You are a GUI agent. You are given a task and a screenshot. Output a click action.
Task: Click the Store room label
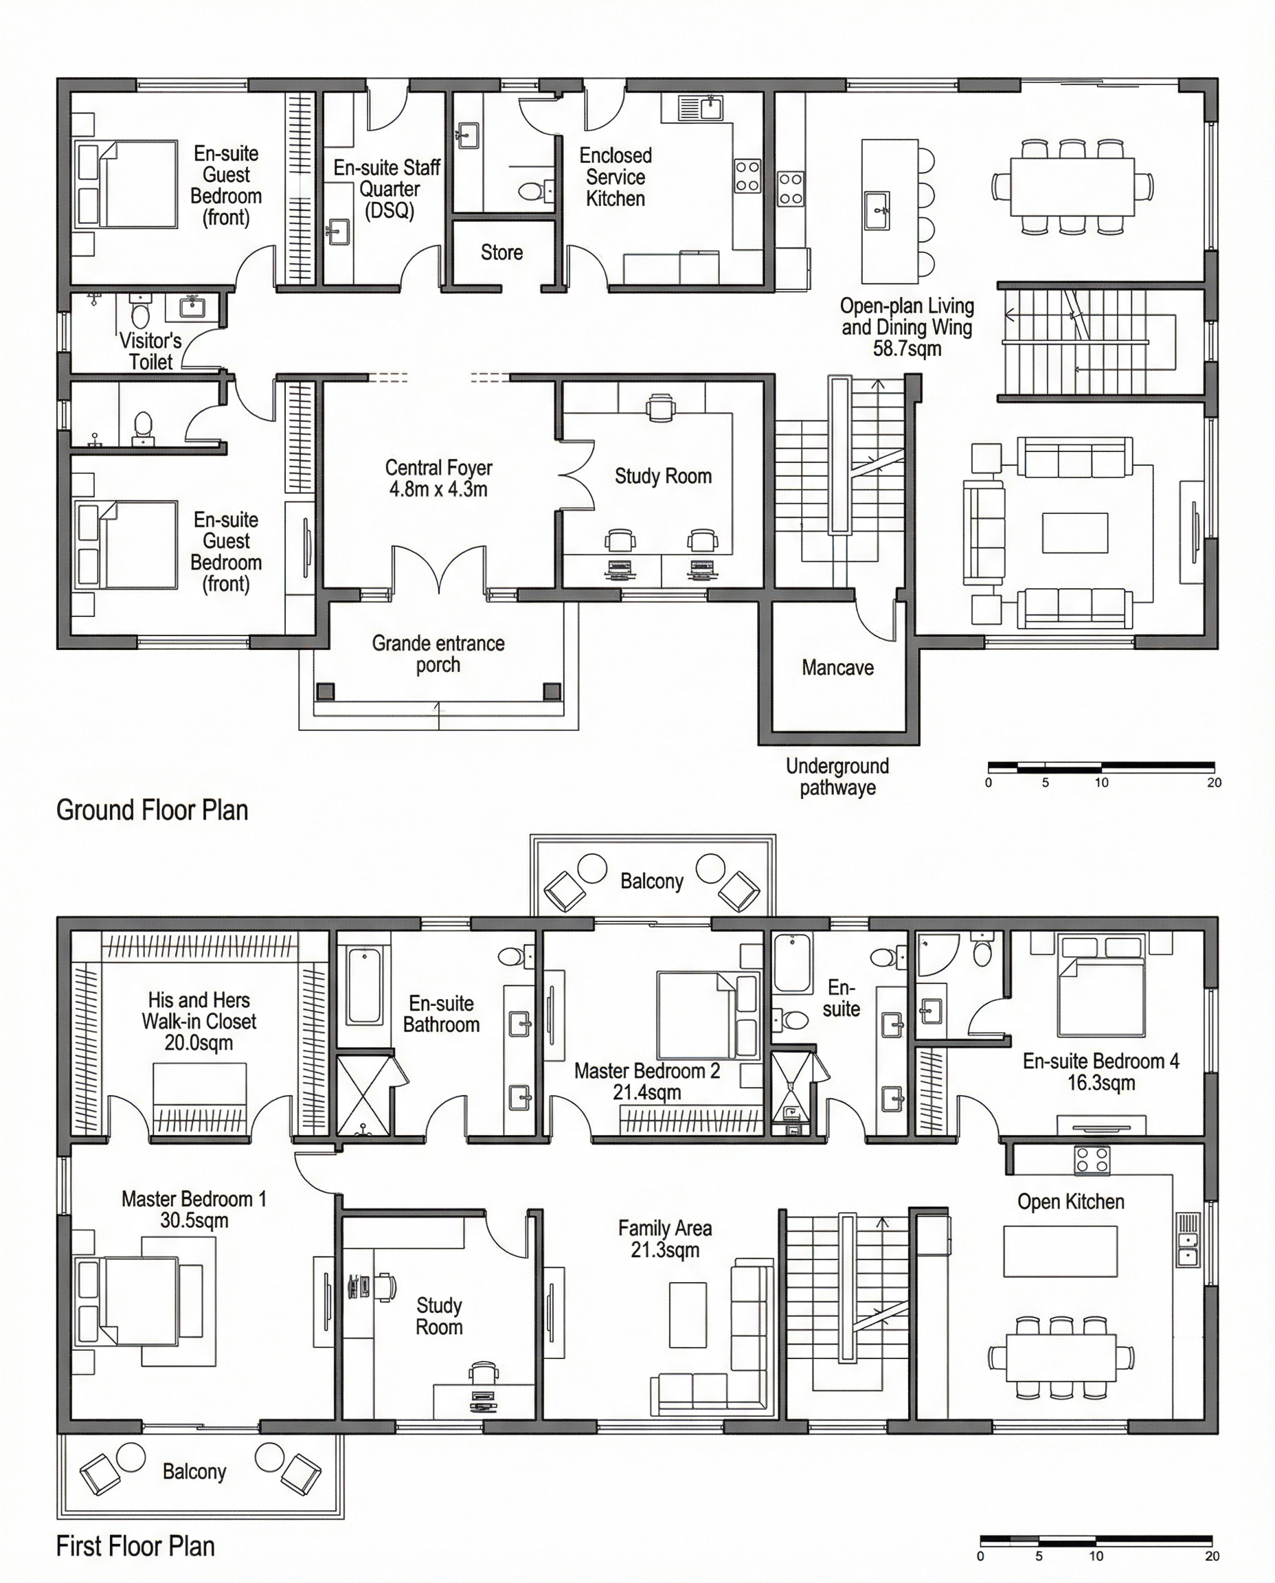[501, 253]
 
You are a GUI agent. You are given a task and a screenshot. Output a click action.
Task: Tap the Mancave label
[837, 668]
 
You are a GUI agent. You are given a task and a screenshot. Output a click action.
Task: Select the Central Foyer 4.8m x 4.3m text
[438, 478]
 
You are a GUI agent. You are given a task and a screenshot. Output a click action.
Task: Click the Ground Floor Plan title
[152, 810]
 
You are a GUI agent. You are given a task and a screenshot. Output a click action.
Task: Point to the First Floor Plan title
[135, 1547]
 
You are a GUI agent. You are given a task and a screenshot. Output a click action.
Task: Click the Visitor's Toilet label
[150, 351]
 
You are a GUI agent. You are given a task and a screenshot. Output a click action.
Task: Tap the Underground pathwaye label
[837, 777]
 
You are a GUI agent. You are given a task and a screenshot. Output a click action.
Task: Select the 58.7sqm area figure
[907, 348]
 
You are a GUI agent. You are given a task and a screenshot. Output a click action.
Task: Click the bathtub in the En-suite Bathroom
[365, 985]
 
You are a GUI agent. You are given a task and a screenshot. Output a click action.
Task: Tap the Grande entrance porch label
[438, 654]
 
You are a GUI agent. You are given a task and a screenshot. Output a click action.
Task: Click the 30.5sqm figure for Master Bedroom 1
[194, 1220]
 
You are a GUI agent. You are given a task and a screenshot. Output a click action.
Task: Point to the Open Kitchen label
[1071, 1202]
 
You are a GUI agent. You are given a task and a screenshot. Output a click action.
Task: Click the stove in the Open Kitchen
[1092, 1160]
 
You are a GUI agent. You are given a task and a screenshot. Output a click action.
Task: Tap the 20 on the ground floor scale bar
[1214, 783]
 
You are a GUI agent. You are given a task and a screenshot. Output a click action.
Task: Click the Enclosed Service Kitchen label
[616, 177]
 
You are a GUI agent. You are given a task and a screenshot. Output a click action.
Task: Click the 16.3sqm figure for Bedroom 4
[1101, 1083]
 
